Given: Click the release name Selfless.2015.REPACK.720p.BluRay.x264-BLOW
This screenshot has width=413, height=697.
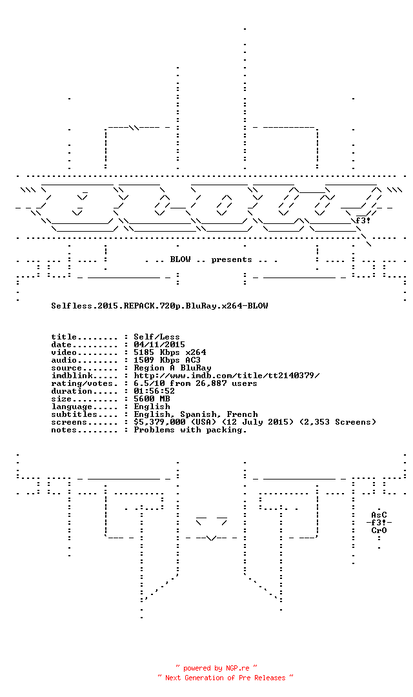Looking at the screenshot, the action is (x=159, y=306).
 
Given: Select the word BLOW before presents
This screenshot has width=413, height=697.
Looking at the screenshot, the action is (x=180, y=259).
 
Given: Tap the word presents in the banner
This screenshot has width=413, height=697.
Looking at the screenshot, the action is (x=232, y=259).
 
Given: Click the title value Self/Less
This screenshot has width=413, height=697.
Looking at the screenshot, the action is (x=156, y=337).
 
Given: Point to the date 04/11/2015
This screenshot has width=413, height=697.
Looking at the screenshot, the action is (x=159, y=345).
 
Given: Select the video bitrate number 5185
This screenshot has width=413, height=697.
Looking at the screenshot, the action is (x=144, y=352).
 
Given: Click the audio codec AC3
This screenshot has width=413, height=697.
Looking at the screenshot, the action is (x=193, y=360).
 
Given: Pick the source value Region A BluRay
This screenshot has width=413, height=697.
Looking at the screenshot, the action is (x=172, y=368).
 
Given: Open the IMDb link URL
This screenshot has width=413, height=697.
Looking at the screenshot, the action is (x=227, y=376).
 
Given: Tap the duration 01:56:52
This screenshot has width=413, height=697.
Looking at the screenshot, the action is (x=154, y=391).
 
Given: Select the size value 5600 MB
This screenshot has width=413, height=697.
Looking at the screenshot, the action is (x=152, y=399).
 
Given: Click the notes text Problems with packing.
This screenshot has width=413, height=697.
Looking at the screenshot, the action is (x=190, y=430).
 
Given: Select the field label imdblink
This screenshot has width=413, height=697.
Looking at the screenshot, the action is (x=72, y=376).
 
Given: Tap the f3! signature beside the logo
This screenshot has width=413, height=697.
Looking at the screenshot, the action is (x=363, y=221).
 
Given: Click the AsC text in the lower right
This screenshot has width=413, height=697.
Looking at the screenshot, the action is (x=379, y=515).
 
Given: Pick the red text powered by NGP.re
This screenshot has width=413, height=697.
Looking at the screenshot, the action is (x=216, y=668).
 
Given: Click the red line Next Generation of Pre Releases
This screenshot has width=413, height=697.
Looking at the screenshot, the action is (x=225, y=678).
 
